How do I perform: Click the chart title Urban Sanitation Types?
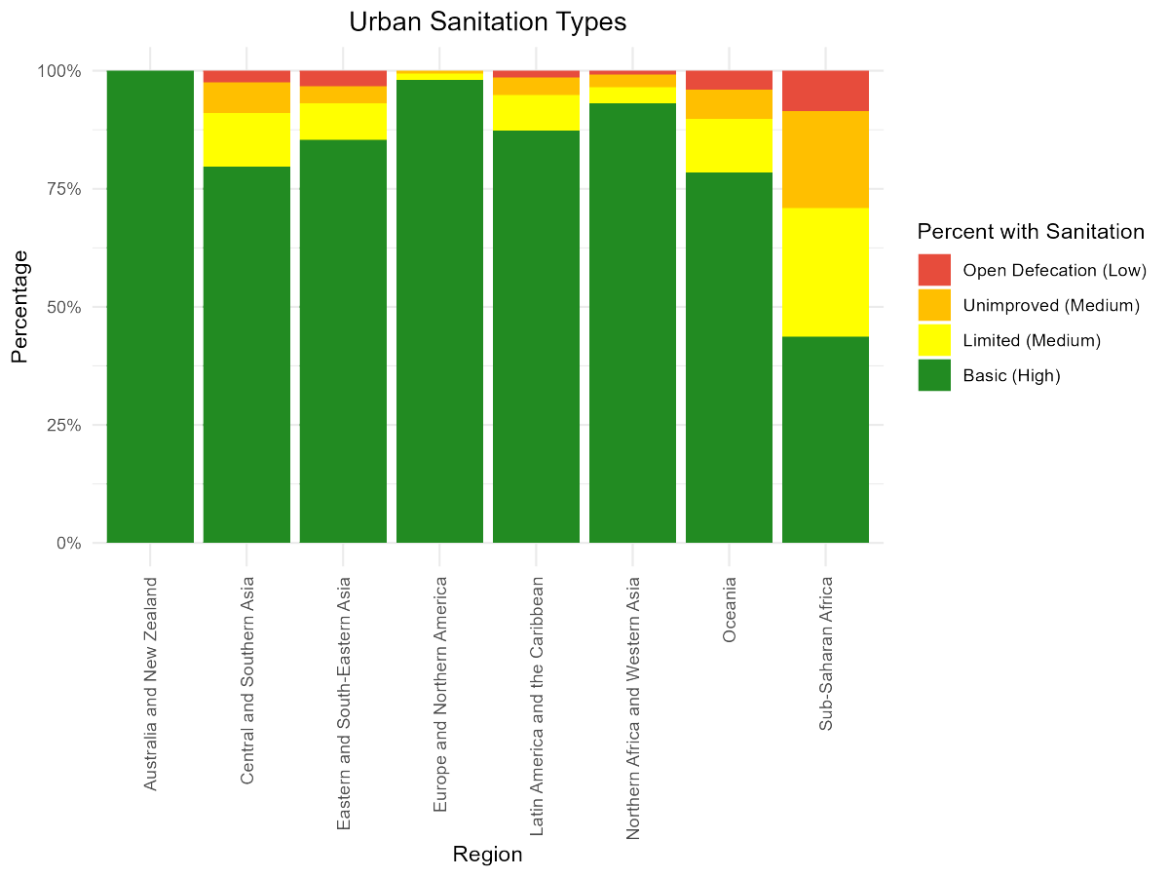tap(487, 21)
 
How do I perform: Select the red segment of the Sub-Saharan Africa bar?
tap(825, 91)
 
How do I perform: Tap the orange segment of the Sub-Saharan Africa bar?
tap(825, 160)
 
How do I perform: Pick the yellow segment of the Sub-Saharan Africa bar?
tap(825, 272)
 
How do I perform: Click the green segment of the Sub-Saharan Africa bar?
tap(825, 439)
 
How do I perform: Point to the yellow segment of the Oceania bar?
tap(729, 146)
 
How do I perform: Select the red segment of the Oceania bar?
tap(729, 80)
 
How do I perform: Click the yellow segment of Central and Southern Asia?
tap(246, 139)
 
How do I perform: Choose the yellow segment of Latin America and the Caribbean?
tap(536, 113)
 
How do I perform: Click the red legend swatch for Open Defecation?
tap(934, 270)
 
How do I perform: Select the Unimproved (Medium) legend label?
tap(1050, 306)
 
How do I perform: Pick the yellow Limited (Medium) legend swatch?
tap(934, 340)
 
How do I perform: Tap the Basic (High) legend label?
tap(1010, 375)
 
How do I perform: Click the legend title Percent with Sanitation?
tap(1030, 232)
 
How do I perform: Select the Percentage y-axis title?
tap(19, 306)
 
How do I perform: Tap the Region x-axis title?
tap(487, 856)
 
